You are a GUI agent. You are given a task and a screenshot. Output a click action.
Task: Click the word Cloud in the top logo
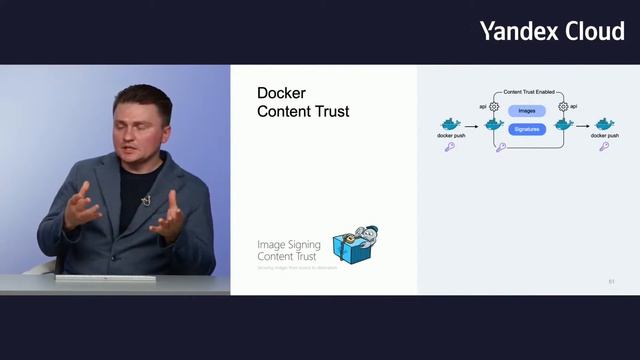pyautogui.click(x=595, y=31)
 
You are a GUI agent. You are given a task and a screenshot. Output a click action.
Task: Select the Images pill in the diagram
pyautogui.click(x=527, y=111)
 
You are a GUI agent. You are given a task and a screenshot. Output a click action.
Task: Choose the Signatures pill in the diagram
pyautogui.click(x=527, y=129)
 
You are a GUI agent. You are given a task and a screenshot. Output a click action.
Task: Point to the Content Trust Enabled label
pyautogui.click(x=528, y=92)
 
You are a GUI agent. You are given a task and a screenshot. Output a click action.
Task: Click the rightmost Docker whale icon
pyautogui.click(x=604, y=123)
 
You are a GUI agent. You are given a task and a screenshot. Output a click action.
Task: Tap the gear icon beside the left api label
pyautogui.click(x=493, y=105)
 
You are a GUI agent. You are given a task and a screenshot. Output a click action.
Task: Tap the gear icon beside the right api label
pyautogui.click(x=563, y=105)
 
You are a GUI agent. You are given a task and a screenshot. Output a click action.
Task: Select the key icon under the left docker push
pyautogui.click(x=450, y=147)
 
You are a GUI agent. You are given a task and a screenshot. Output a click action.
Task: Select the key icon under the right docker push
pyautogui.click(x=604, y=147)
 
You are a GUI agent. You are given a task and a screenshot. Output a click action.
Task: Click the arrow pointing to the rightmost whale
pyautogui.click(x=584, y=124)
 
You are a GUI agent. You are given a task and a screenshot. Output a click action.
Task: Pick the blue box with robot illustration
pyautogui.click(x=357, y=246)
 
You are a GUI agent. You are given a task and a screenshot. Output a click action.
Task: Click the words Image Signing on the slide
pyautogui.click(x=287, y=244)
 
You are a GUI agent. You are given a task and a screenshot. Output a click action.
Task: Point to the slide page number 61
pyautogui.click(x=611, y=282)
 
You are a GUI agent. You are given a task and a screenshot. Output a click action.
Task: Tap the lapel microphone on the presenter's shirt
pyautogui.click(x=145, y=201)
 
